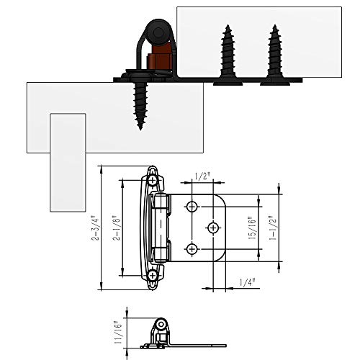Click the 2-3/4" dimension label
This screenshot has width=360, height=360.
[x=95, y=228]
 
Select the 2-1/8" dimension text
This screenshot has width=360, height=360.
[x=117, y=228]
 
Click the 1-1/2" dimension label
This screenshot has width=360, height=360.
[x=273, y=228]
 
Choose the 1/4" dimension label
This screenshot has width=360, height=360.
[x=247, y=282]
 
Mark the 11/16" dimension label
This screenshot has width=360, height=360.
[x=118, y=332]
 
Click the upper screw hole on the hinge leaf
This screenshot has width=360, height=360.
[x=192, y=207]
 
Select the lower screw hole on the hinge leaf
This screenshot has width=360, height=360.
[x=192, y=249]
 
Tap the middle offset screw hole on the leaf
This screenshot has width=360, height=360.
[x=213, y=228]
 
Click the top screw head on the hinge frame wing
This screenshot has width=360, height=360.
[x=153, y=180]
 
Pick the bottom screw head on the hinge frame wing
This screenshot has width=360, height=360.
[x=153, y=275]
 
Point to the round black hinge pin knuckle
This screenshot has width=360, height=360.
[x=158, y=32]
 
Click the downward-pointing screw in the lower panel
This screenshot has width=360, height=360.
[x=140, y=106]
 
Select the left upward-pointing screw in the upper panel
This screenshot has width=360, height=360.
[x=228, y=55]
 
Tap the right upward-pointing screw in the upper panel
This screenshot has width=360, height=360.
[x=275, y=55]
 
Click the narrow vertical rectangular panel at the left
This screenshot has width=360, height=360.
[x=68, y=163]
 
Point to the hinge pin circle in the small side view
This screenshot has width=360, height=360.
[x=161, y=325]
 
